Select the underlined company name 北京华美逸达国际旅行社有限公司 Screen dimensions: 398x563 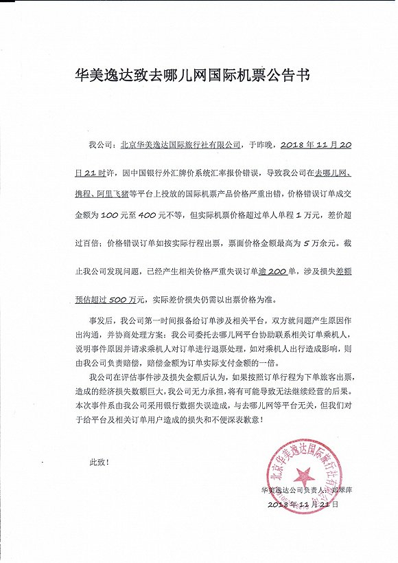pyautogui.click(x=180, y=146)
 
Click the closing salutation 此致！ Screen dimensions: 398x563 pyautogui.click(x=99, y=462)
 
